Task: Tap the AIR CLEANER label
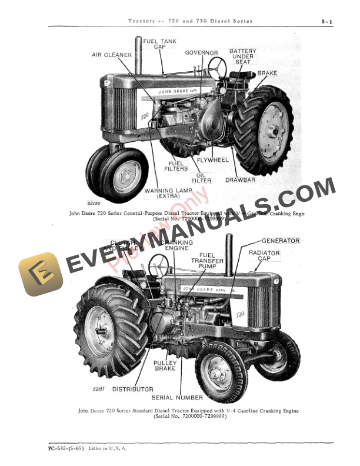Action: click(110, 55)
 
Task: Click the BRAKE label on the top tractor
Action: click(267, 74)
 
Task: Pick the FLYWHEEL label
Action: click(212, 160)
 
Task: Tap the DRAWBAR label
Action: click(240, 180)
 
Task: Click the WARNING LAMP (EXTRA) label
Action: click(167, 193)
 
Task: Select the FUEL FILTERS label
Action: click(176, 166)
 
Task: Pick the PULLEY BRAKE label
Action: click(165, 365)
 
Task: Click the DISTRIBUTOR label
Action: click(132, 390)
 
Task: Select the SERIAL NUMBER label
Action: click(178, 398)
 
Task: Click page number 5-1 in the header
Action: click(327, 22)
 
